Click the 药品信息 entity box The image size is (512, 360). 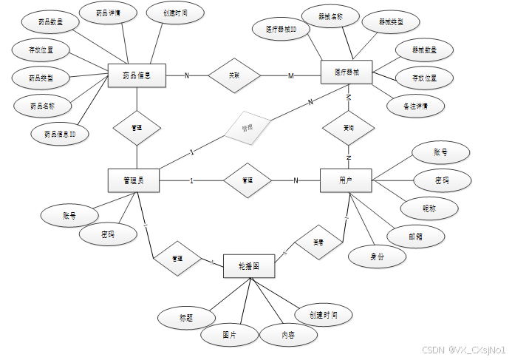point(137,75)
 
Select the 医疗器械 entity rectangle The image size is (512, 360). point(347,72)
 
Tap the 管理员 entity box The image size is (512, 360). point(134,180)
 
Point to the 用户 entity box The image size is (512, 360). point(346,180)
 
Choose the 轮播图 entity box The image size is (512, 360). point(249,265)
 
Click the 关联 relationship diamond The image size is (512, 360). point(234,75)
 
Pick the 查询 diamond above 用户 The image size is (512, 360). point(348,127)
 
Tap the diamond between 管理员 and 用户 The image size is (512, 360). point(248,180)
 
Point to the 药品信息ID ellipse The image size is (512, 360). point(61,135)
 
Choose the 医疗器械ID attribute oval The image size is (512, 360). point(281,30)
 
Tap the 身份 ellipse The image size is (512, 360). point(378,257)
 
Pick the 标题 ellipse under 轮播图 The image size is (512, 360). point(185,318)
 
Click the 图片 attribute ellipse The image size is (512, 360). point(229,334)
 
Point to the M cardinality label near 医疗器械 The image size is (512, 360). point(290,75)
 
